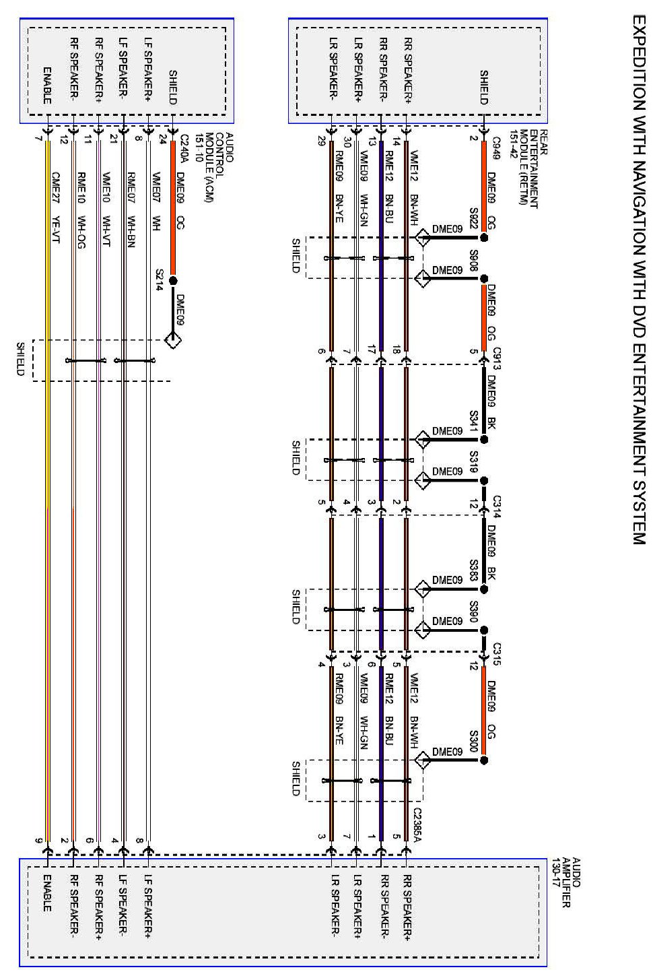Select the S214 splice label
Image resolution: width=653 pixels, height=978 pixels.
160,278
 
